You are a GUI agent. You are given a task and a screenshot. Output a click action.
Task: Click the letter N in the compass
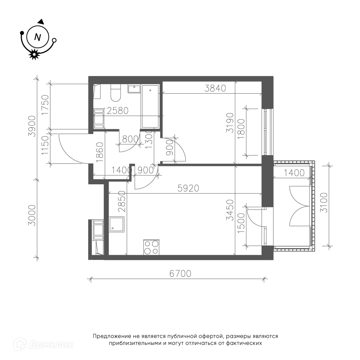coord(37,37)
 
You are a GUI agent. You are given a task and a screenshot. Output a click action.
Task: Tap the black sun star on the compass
coord(34,54)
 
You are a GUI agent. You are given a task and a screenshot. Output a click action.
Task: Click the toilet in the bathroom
coord(116,93)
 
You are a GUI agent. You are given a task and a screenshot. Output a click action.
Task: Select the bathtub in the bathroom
coord(150,107)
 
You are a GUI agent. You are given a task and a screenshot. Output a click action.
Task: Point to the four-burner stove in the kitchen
coord(151,247)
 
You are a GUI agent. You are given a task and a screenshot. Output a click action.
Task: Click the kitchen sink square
coord(117,224)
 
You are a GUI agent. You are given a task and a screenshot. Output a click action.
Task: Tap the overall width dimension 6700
coord(180,274)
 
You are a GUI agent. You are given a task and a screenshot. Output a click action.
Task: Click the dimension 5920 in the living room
coord(188,188)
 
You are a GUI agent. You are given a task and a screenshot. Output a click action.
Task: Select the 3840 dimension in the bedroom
coord(215,88)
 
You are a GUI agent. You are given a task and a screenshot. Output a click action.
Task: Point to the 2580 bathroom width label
coord(118,111)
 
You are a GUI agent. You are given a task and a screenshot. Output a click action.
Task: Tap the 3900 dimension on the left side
coord(32,126)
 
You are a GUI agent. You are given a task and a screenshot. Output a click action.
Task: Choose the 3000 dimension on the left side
coord(32,215)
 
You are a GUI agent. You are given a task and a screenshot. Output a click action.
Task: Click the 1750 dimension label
coord(45,105)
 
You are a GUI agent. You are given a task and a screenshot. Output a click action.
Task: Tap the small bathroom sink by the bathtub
coord(134,89)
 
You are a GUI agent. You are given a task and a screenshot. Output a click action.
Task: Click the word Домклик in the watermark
coord(51,345)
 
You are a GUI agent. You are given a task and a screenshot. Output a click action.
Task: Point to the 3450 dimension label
coord(230,210)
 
